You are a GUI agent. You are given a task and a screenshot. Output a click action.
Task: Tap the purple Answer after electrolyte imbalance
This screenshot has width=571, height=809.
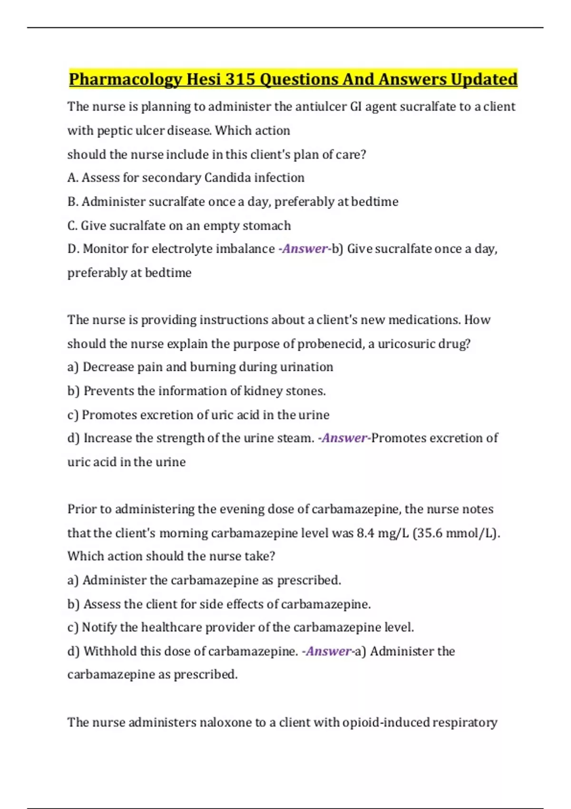pos(305,249)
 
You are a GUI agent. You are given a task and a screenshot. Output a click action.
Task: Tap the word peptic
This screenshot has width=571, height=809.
pos(114,130)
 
